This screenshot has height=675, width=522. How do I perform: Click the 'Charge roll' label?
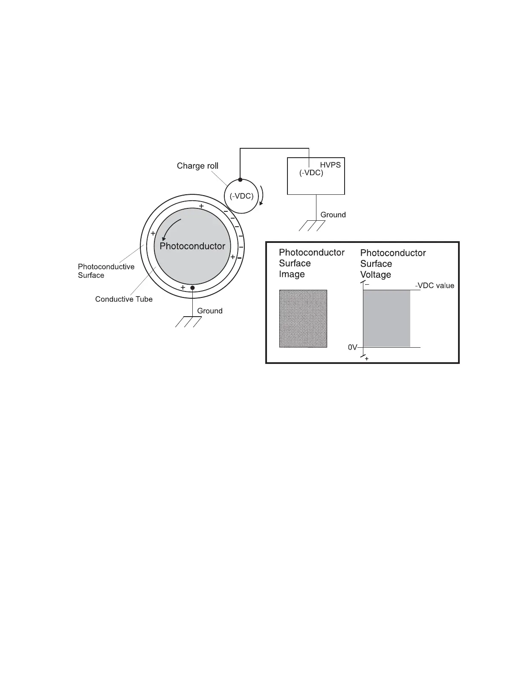197,166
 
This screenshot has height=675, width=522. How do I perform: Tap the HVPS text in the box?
330,165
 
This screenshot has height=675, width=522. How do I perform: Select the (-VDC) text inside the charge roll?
241,196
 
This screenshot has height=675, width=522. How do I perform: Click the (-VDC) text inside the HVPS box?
311,173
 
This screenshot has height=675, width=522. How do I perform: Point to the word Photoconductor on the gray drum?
192,246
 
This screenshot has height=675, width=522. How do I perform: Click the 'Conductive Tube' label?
124,299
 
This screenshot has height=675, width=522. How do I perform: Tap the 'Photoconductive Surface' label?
106,271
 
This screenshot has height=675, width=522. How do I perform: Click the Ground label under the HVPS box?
333,215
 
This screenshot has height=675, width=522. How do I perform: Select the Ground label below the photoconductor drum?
209,311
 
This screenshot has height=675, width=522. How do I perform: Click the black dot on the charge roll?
240,180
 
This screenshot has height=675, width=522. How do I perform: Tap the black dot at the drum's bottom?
192,288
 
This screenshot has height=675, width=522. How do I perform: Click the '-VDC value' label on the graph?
435,286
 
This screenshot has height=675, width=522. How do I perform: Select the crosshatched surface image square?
303,319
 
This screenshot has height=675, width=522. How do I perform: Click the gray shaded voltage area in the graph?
386,319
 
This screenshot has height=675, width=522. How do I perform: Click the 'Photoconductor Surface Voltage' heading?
393,264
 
